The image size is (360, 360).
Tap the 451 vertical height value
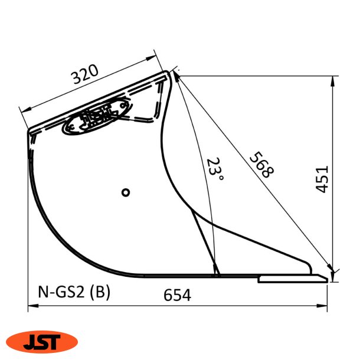point(322,178)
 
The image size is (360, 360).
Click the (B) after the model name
point(101,292)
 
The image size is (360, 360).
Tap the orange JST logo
point(41,341)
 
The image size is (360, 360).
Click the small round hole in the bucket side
point(125,192)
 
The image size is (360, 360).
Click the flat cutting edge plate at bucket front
point(292,278)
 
